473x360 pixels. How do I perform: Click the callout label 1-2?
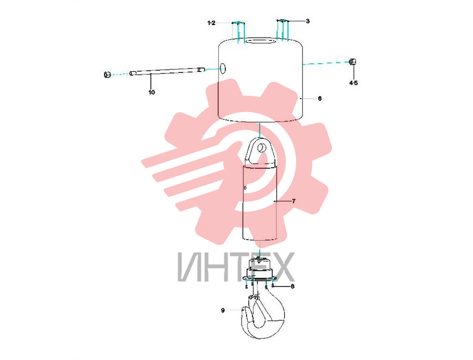click(212, 23)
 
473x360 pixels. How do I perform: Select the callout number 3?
click(308, 21)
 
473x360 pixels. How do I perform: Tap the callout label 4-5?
click(353, 83)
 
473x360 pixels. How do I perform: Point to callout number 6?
click(320, 99)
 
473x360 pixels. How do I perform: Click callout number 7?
click(294, 201)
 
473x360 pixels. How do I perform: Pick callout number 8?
click(292, 286)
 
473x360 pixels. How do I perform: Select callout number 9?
click(223, 310)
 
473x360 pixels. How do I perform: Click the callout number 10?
click(151, 92)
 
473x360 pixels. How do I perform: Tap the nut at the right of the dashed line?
click(352, 62)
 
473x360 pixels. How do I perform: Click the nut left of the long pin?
click(107, 74)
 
